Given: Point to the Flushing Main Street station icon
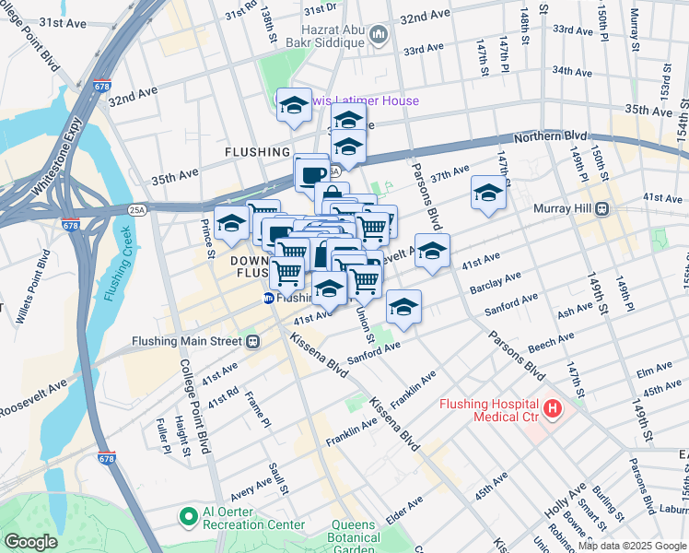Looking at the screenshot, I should (x=251, y=341).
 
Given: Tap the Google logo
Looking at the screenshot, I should (x=29, y=542).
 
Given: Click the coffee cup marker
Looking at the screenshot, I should (x=311, y=172).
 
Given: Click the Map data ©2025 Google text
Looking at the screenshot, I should (x=631, y=546).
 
